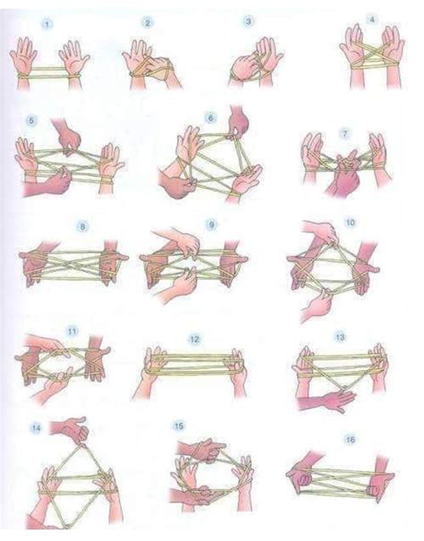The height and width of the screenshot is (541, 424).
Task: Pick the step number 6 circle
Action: coord(211,116)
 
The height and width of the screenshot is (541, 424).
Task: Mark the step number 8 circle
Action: coord(83,227)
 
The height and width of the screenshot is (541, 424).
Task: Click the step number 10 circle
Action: coord(350,222)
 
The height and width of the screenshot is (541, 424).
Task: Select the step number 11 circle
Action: coord(72,333)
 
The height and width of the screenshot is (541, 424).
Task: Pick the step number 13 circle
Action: coord(340,338)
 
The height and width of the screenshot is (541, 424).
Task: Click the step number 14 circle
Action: coord(37,427)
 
